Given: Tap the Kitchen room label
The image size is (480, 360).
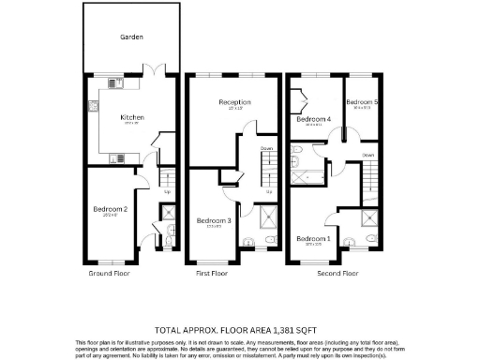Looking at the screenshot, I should pos(131,118).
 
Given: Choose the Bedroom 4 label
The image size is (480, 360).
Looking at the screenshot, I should pos(315,120).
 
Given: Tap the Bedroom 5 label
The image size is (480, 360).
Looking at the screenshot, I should pos(361,102).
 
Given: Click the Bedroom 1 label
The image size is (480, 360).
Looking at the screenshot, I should pos(313,239).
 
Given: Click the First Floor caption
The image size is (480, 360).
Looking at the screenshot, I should pos(212,274).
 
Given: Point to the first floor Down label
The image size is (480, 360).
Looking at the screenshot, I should pos(267,149).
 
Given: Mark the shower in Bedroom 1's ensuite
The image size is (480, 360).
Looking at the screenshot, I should pos(372,220).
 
